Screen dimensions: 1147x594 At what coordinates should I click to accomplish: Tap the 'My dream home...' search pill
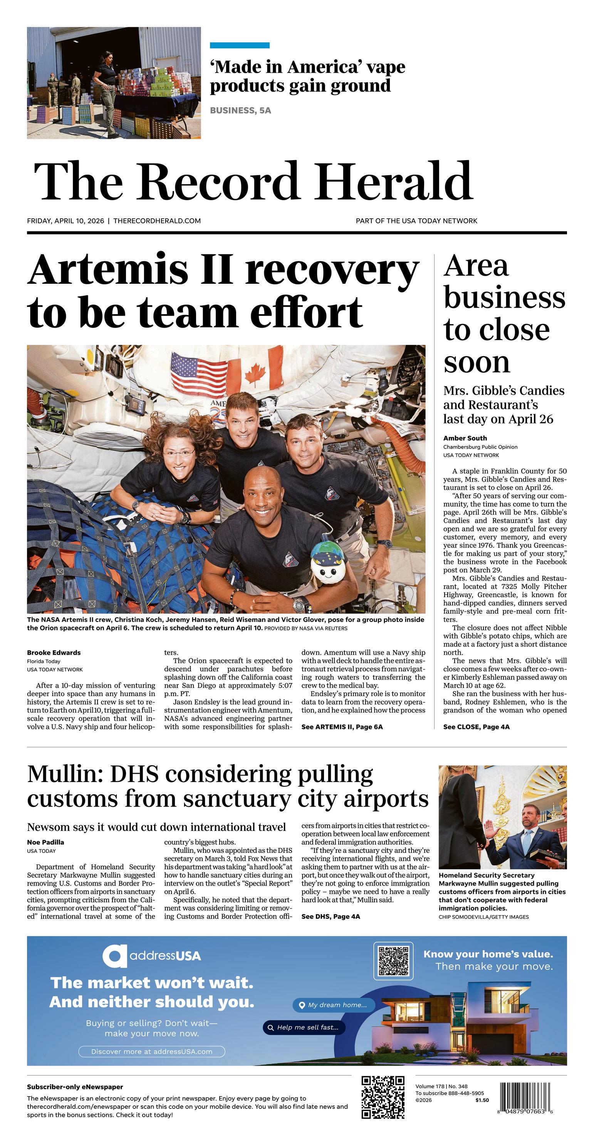(x=334, y=1005)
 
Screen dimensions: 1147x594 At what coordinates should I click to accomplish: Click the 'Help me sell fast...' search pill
(x=304, y=1027)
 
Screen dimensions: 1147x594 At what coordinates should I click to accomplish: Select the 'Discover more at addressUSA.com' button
(x=151, y=1051)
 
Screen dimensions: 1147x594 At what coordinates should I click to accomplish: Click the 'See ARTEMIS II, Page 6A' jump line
(x=342, y=727)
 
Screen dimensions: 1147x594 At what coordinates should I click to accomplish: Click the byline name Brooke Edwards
(x=54, y=652)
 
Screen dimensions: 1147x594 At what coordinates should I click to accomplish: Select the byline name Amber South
(x=465, y=438)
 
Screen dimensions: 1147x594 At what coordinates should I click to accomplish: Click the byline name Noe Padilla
(x=45, y=842)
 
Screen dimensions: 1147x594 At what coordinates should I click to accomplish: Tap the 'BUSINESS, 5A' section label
(x=240, y=111)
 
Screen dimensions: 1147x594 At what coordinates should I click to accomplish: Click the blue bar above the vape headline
(x=239, y=45)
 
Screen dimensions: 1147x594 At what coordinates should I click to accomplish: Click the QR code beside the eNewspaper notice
(x=383, y=1098)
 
